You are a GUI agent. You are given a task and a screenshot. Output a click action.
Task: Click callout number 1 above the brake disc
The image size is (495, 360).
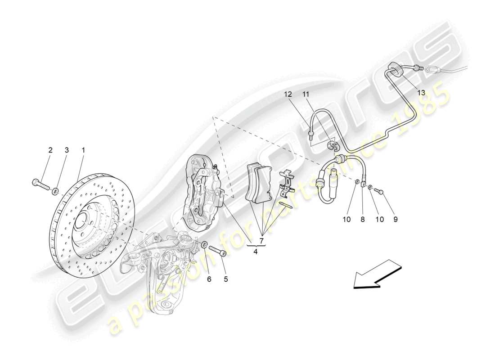(x=83, y=150)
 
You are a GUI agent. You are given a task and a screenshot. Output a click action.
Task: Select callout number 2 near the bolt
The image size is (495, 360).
(x=50, y=150)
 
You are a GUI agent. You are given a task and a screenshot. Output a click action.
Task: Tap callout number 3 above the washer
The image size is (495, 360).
(x=67, y=150)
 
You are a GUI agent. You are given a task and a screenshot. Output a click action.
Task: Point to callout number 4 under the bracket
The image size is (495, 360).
(x=255, y=252)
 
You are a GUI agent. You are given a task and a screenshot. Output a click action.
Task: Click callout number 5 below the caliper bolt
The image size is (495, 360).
(x=225, y=279)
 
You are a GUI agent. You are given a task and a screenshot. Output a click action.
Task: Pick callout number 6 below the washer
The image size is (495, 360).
(x=209, y=279)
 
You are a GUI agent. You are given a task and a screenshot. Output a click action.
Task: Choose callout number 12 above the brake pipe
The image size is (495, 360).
(x=288, y=94)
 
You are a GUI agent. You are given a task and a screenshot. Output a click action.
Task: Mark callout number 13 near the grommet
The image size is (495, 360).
(x=421, y=93)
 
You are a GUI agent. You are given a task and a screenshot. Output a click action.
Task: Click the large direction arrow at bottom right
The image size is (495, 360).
(x=377, y=274)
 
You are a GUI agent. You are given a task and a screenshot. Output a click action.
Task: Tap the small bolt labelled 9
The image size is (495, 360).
(x=379, y=192)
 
